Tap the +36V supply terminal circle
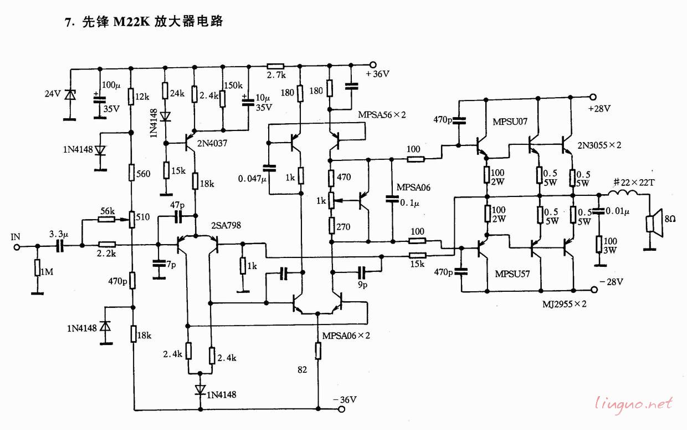coord(373,65)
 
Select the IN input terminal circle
coord(17,247)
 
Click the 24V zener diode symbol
coord(70,94)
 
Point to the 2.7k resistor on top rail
coord(275,65)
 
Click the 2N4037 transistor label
coord(212,144)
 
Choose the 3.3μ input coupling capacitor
coord(60,246)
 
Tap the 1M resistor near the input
coord(38,268)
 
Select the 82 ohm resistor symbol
coord(318,351)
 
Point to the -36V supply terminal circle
coord(341,409)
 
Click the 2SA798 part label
coord(225,225)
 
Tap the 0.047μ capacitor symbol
coord(269,168)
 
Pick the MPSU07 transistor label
coord(510,122)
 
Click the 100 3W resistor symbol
coord(599,245)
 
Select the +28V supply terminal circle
coord(593,97)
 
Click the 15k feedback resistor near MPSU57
coord(417,255)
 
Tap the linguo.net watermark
coord(634,403)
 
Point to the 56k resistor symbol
coord(106,219)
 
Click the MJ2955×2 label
coord(565,304)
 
